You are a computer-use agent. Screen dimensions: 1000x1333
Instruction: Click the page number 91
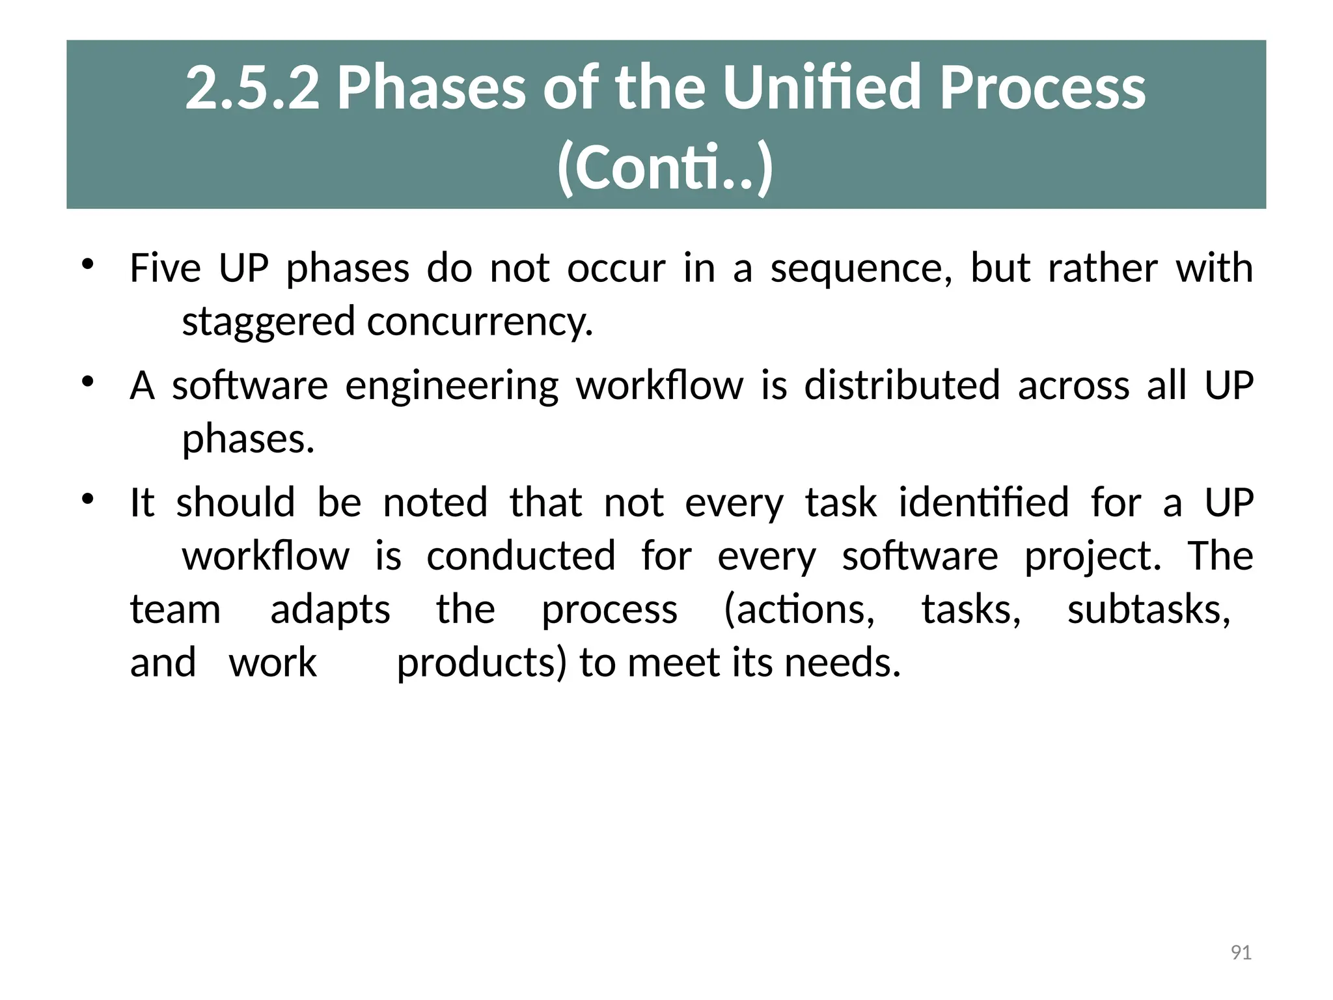1241,952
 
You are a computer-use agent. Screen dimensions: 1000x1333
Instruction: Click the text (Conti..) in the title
665,168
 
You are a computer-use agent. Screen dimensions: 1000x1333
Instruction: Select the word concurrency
480,322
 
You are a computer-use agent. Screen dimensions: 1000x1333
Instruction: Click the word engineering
452,385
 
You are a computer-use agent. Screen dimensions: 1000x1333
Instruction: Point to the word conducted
521,556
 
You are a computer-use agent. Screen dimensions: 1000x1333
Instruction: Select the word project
1093,556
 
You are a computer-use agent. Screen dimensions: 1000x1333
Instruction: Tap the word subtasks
1149,609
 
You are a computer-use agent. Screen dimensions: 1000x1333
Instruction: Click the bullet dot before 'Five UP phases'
88,264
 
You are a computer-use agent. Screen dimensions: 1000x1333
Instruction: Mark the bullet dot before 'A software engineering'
88,382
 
